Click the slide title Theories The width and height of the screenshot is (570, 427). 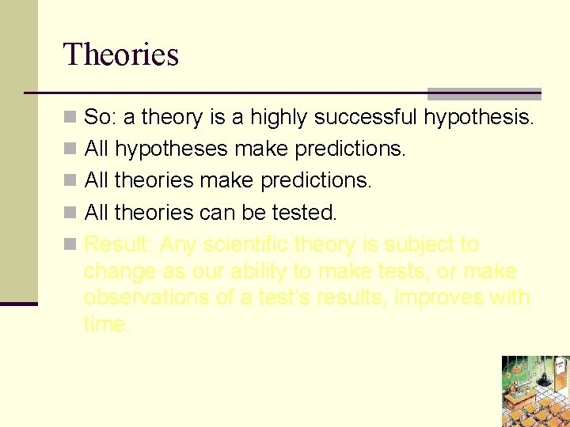tap(121, 55)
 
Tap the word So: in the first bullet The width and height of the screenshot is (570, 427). tap(100, 118)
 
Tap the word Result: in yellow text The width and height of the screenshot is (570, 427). tap(118, 244)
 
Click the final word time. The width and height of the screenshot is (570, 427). tap(106, 323)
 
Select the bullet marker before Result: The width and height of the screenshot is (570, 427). tap(70, 245)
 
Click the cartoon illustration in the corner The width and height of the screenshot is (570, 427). tap(535, 391)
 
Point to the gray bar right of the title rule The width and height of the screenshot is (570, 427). tap(484, 93)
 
